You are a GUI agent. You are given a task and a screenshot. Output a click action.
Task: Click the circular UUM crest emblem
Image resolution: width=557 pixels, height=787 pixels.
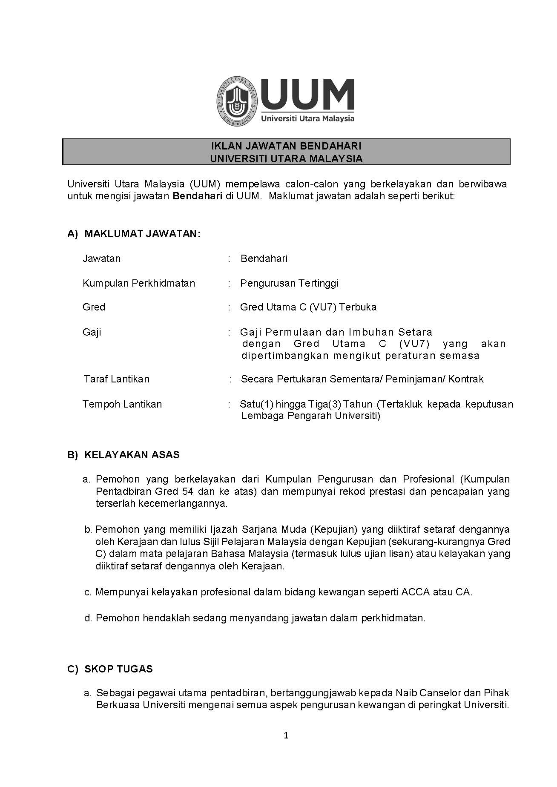238,101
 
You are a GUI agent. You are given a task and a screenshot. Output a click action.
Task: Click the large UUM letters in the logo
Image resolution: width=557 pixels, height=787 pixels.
307,95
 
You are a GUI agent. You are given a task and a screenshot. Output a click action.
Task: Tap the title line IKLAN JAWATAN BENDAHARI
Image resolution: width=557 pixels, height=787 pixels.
286,146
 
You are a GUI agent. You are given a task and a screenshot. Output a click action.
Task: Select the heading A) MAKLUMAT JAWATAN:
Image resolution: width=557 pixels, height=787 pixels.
134,234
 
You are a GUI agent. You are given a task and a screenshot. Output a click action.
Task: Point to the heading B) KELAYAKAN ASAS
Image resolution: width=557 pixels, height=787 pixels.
123,455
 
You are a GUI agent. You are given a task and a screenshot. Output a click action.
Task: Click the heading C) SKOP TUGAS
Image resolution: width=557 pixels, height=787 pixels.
110,669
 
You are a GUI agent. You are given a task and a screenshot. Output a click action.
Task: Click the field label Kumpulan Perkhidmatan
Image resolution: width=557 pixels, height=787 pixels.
139,283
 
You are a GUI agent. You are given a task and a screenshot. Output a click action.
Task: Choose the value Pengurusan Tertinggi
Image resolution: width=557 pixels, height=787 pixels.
290,283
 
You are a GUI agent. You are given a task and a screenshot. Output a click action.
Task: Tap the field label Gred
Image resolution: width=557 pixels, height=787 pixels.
94,307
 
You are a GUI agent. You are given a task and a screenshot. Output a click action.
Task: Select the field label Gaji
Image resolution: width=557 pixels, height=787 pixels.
92,332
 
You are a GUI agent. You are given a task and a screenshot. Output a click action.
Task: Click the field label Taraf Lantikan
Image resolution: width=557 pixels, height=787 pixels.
117,379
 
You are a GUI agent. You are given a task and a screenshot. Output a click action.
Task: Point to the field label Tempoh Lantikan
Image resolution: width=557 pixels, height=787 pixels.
122,404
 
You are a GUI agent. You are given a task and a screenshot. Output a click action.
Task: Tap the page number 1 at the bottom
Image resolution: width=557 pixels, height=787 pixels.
286,735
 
